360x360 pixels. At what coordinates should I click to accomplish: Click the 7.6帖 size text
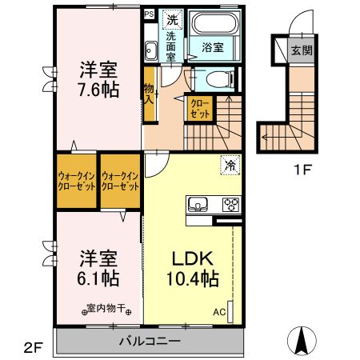click(x=98, y=90)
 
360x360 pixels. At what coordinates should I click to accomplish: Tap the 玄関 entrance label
click(x=301, y=50)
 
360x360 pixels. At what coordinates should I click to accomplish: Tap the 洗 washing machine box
click(x=172, y=18)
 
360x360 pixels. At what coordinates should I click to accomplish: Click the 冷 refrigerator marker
click(x=230, y=166)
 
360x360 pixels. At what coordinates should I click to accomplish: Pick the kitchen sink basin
click(x=198, y=203)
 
